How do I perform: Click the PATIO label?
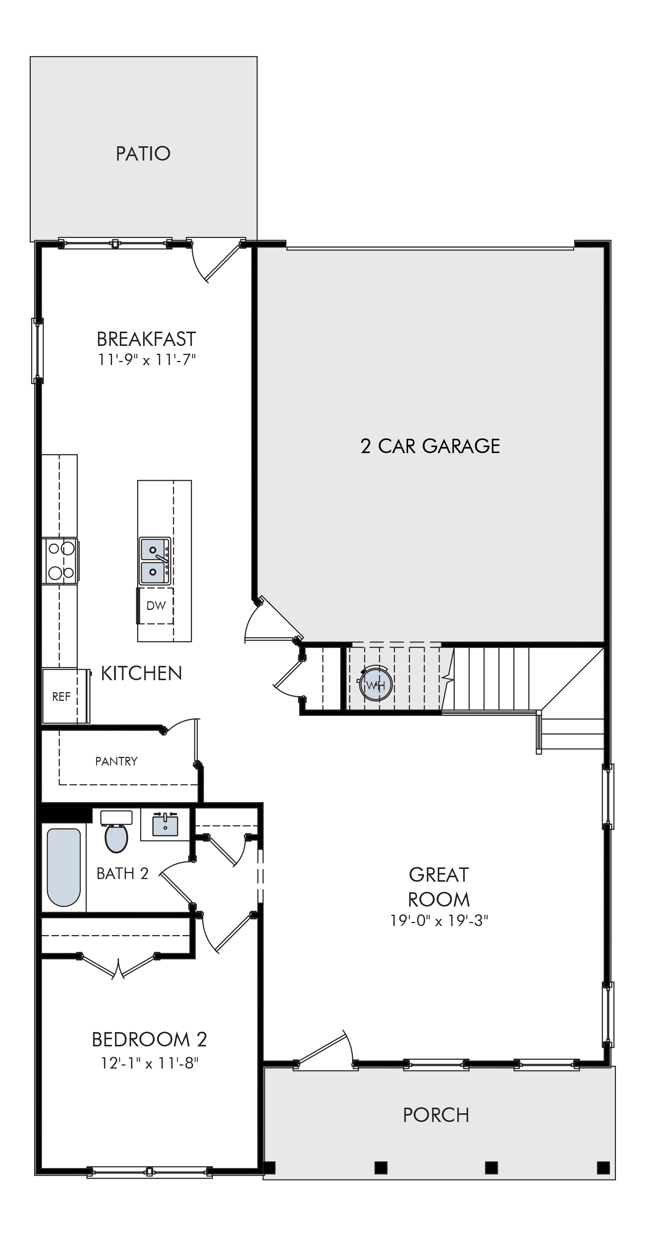(x=143, y=154)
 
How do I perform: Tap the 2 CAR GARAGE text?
(x=430, y=446)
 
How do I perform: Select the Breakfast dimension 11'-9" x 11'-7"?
(x=147, y=360)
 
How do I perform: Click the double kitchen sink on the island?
(x=154, y=561)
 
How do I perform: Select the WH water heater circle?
(x=376, y=685)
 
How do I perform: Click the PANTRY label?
(x=116, y=761)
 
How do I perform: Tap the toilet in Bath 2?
(x=116, y=831)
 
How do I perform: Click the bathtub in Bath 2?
(x=64, y=867)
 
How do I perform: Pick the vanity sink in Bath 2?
(x=165, y=825)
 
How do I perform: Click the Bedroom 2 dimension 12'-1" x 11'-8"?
(x=149, y=1063)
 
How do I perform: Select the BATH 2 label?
(x=123, y=873)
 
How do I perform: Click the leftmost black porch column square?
(x=270, y=1167)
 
